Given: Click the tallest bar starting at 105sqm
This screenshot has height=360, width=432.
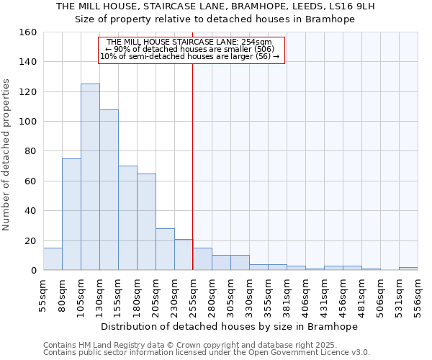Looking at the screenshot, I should tap(90, 177).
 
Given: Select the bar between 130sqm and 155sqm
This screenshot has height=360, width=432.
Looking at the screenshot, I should tap(109, 190).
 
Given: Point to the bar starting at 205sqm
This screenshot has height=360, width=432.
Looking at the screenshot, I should tap(165, 249).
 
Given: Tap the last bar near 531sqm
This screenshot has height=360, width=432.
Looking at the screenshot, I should tap(408, 269).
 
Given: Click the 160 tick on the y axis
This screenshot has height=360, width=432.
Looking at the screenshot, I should tap(28, 32).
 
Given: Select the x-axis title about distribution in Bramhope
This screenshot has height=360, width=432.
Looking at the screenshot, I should tap(229, 326).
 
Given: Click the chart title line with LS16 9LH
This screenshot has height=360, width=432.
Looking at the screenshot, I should tap(215, 6).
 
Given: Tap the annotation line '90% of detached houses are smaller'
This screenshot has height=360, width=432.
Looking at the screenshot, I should tap(192, 49).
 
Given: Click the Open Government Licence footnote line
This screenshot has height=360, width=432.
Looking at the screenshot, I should tap(206, 352).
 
